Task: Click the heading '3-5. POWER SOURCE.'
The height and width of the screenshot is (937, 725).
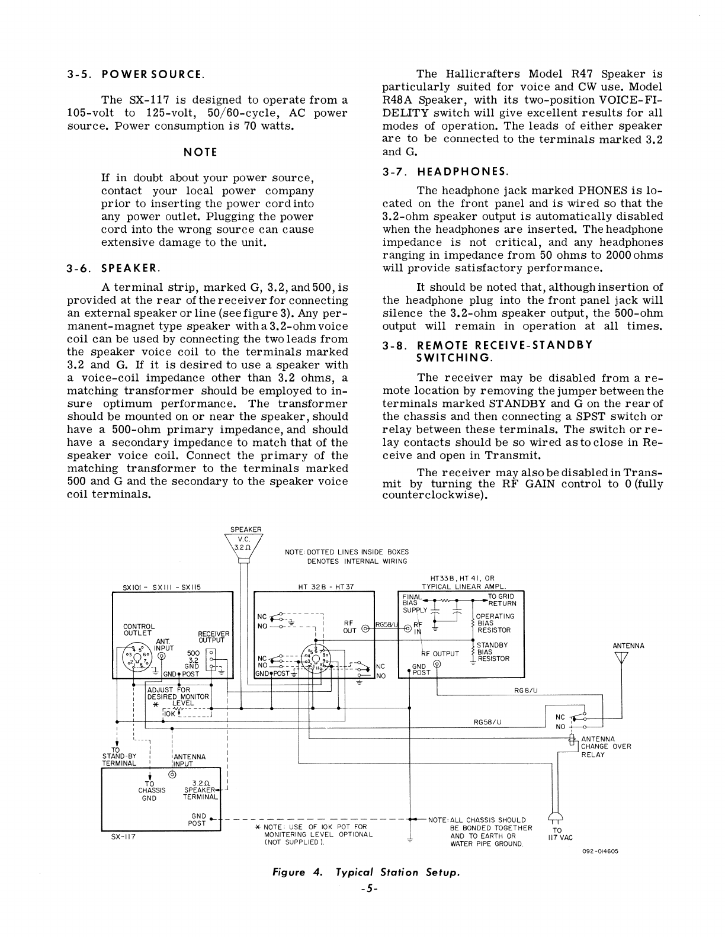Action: (x=136, y=75)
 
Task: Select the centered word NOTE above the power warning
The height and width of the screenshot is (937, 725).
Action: (x=201, y=152)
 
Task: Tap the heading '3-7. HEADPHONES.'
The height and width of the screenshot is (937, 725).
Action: (x=445, y=172)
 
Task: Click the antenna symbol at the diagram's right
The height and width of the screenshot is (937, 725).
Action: (x=621, y=659)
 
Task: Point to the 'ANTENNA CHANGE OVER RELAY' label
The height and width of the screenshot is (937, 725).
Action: (x=606, y=746)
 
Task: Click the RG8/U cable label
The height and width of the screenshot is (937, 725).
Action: (x=524, y=689)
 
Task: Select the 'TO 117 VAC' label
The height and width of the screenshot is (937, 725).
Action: (x=557, y=834)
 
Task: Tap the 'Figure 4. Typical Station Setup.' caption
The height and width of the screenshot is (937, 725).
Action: (x=365, y=872)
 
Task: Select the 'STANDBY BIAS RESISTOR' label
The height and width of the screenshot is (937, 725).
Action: (x=493, y=652)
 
